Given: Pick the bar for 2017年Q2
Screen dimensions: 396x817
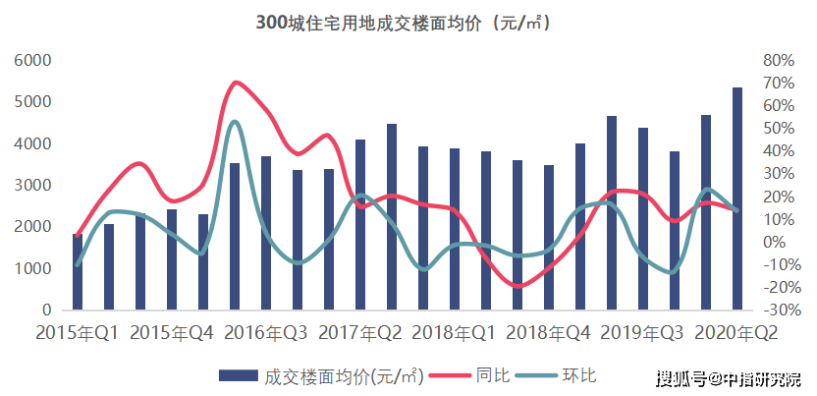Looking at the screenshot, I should pyautogui.click(x=360, y=225).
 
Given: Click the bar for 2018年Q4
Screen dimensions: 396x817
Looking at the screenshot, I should pyautogui.click(x=548, y=237).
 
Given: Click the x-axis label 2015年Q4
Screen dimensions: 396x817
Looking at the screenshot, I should pyautogui.click(x=172, y=333).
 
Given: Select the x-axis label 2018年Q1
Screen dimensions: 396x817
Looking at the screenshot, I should pyautogui.click(x=454, y=333).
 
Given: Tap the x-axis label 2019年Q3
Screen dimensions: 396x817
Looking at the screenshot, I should pyautogui.click(x=642, y=333).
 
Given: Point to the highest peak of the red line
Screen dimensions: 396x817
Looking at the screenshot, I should pyautogui.click(x=236, y=83).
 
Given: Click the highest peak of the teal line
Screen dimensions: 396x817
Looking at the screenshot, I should pyautogui.click(x=233, y=122).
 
